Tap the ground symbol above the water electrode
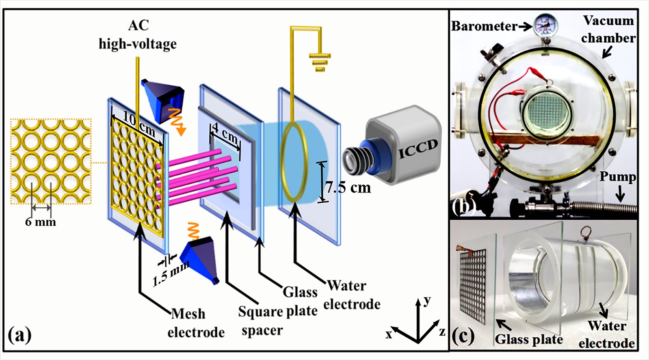(320, 61)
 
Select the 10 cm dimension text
(139, 124)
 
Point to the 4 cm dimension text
(225, 133)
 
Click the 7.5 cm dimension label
(348, 187)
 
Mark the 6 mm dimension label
(41, 222)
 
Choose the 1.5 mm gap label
(171, 274)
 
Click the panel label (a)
(19, 336)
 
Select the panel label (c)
(463, 336)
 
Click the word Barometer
(484, 26)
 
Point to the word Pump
(617, 177)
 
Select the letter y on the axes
(427, 301)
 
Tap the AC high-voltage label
(138, 34)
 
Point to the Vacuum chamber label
(608, 29)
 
